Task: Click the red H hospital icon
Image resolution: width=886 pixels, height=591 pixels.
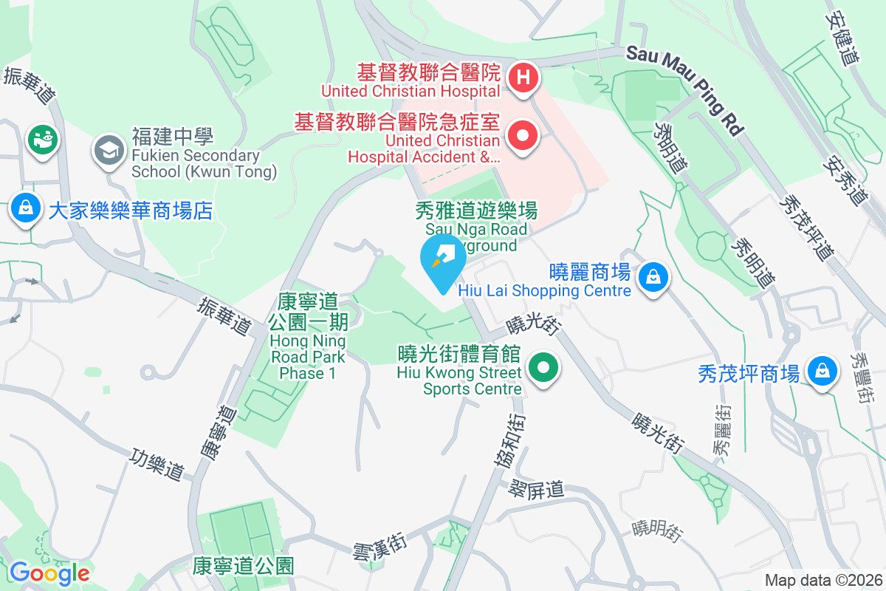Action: (x=523, y=76)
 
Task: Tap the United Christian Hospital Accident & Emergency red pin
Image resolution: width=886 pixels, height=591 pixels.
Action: (x=523, y=136)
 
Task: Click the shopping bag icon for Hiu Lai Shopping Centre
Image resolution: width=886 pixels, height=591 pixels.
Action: (x=653, y=278)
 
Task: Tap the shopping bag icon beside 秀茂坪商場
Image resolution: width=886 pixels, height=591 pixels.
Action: (x=821, y=371)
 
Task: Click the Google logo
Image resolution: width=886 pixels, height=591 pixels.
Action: (x=49, y=573)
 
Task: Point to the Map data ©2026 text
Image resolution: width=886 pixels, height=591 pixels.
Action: (x=823, y=580)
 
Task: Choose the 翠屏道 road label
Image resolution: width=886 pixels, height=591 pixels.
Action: (x=536, y=488)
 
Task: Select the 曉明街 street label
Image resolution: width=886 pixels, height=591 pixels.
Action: (x=657, y=529)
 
